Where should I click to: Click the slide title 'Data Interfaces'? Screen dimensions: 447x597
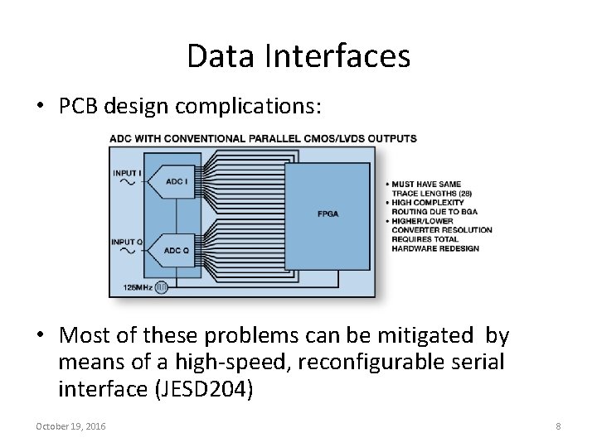click(298, 56)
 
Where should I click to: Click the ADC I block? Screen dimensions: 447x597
click(177, 181)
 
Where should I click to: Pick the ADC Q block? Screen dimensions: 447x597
click(177, 250)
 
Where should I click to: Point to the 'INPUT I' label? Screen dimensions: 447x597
click(127, 172)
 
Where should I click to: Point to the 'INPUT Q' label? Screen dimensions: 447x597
click(128, 242)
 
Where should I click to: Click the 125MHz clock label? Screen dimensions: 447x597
click(138, 287)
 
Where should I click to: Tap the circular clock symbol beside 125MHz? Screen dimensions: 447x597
click(163, 287)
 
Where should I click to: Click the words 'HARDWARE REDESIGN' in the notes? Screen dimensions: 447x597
click(434, 248)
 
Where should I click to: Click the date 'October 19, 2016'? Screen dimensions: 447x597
click(70, 425)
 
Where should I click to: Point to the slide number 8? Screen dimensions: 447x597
click(558, 425)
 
